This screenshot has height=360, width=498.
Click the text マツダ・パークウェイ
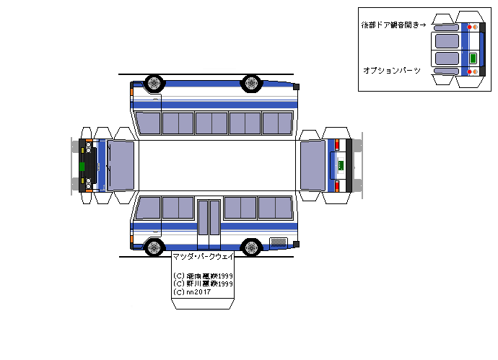click(x=202, y=257)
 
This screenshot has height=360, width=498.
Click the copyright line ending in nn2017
click(x=188, y=291)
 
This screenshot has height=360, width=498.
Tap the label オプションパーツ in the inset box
click(x=391, y=70)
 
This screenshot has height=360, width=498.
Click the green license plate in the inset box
click(x=473, y=58)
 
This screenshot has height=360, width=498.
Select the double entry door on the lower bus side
click(x=209, y=218)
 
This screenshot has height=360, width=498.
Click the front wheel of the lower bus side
click(x=154, y=248)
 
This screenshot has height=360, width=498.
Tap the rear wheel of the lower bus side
click(x=251, y=248)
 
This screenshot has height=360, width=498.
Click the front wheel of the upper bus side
click(x=154, y=82)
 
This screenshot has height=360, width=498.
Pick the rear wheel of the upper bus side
click(x=251, y=82)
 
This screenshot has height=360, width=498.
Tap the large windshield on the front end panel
click(x=121, y=165)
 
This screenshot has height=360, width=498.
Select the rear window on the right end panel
click(x=313, y=165)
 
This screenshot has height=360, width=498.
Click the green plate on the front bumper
click(x=82, y=166)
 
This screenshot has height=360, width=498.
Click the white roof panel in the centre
click(x=217, y=164)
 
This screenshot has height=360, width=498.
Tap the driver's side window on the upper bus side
click(x=147, y=123)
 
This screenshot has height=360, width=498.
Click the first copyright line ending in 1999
click(x=203, y=276)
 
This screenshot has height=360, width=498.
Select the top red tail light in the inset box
click(x=471, y=27)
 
